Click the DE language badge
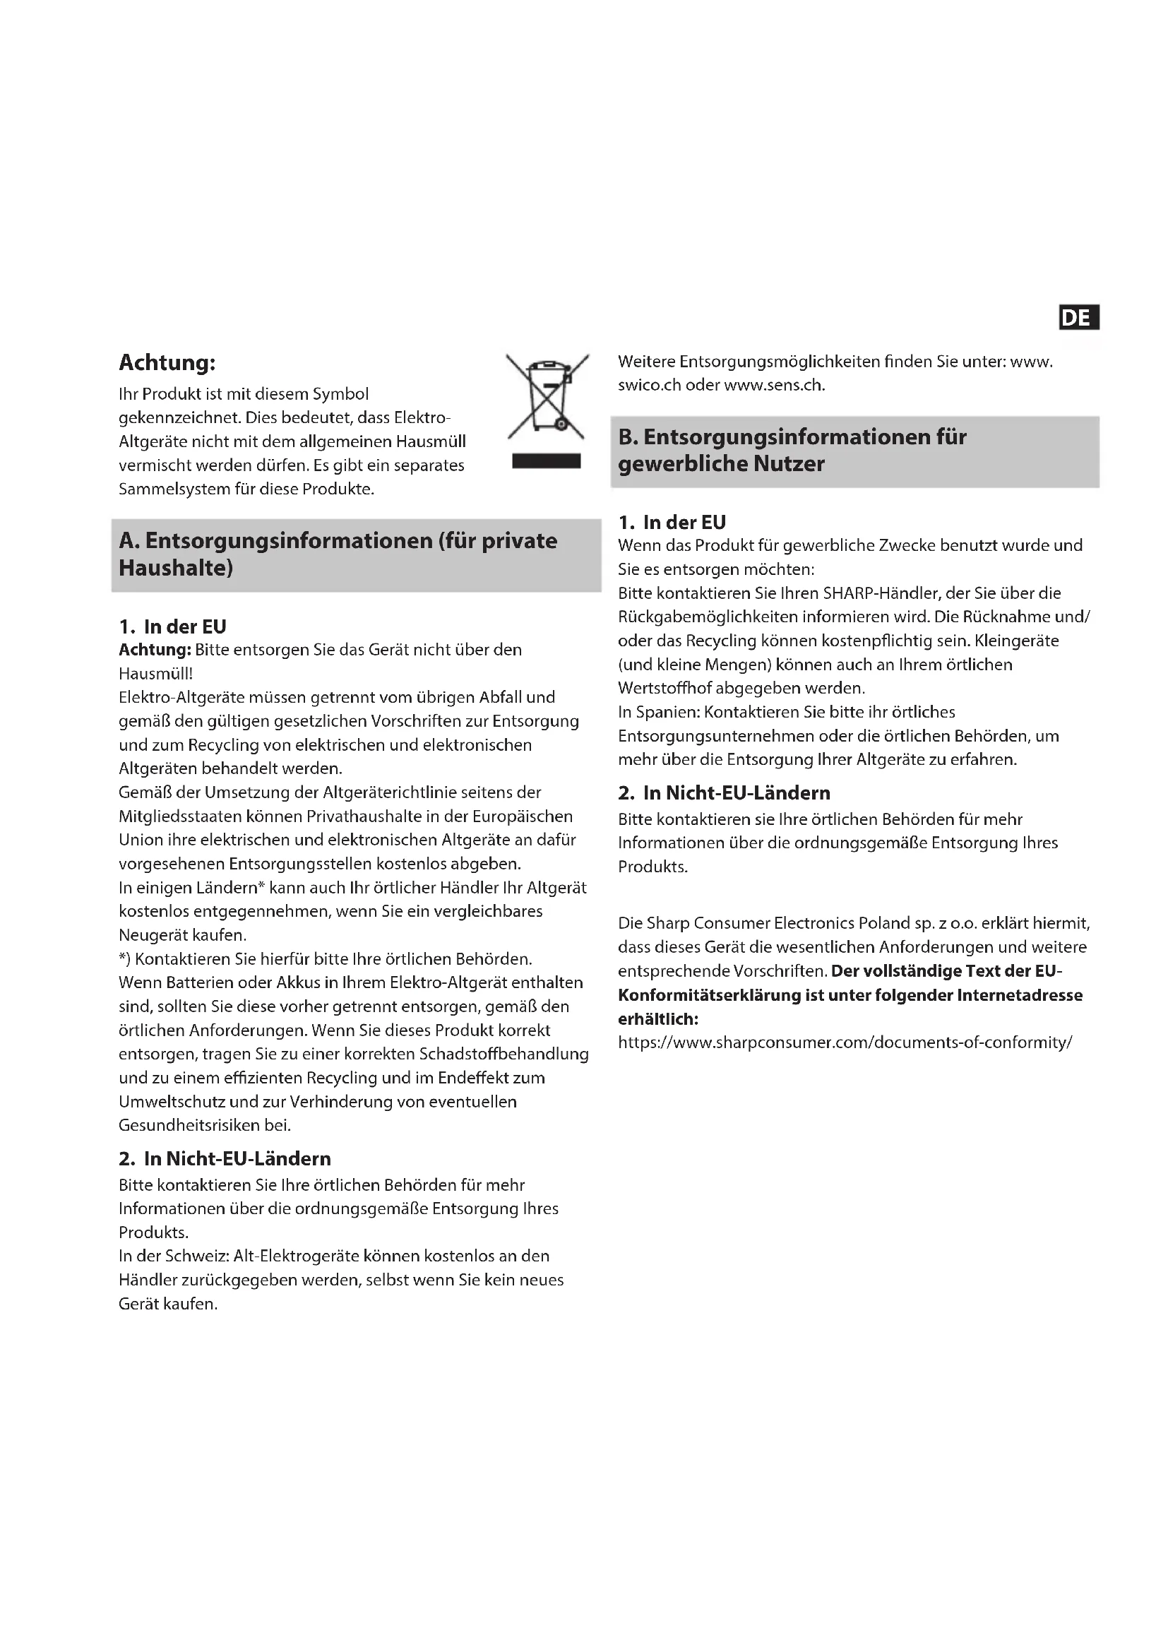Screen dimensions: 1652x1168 (1078, 317)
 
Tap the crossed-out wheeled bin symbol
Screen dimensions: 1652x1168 (547, 396)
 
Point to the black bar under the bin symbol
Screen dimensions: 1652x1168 (547, 460)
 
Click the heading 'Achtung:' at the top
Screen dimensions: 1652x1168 (167, 362)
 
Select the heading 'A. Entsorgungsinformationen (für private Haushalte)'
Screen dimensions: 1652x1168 (338, 554)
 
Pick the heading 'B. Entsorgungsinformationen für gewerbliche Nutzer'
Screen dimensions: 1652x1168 (792, 451)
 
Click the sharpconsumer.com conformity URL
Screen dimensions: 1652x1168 (845, 1042)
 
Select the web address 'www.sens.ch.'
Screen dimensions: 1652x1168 (775, 385)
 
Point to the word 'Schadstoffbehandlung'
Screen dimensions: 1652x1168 (503, 1054)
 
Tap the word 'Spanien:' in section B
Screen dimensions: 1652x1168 (667, 713)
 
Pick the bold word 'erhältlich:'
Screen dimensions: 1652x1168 (658, 1019)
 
